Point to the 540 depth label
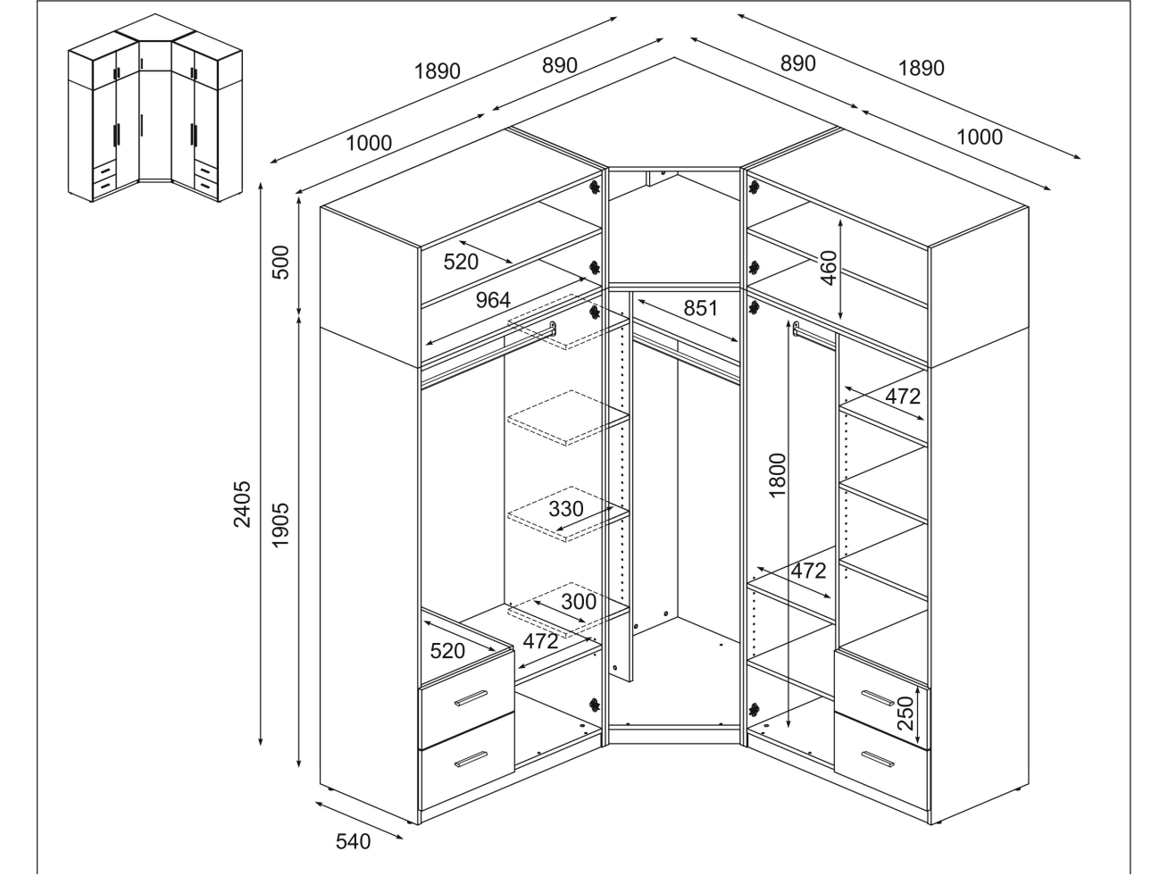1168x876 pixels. [353, 841]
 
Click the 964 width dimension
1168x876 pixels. [493, 300]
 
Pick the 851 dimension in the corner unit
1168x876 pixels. [701, 307]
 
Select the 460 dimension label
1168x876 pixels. [829, 268]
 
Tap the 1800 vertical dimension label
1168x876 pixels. [777, 475]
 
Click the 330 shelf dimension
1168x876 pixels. [565, 509]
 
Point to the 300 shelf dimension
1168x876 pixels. [579, 601]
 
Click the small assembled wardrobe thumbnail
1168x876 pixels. [155, 107]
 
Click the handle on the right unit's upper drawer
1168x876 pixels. [878, 696]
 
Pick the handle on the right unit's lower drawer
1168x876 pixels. [878, 757]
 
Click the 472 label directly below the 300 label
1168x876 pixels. [540, 640]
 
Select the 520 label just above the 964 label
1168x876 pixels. [462, 262]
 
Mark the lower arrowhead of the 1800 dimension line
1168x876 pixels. [791, 726]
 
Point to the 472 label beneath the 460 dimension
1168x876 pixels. [902, 396]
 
